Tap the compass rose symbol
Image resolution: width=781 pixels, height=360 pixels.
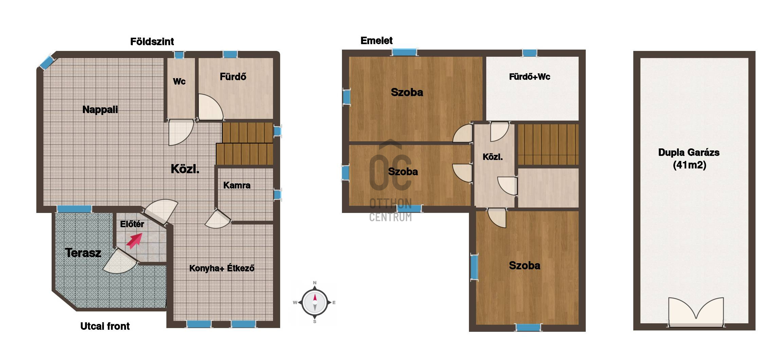[x=315, y=302]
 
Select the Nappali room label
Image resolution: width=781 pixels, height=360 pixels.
[x=100, y=110]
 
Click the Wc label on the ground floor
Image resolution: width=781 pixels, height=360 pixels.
[x=179, y=82]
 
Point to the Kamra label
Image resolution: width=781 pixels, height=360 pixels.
[x=237, y=185]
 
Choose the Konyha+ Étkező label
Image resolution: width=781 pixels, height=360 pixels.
[x=222, y=268]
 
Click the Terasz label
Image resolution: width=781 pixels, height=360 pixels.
[x=83, y=253]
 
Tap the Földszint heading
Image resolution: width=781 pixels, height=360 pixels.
[x=152, y=42]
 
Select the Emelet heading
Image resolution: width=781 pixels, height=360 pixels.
[x=377, y=41]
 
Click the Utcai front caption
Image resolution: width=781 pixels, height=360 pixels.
[x=105, y=326]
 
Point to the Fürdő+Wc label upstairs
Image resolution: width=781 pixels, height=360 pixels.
[x=529, y=77]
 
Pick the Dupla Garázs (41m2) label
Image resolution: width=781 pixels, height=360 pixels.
[x=689, y=159]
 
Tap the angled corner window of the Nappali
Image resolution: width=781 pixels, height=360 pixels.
[x=47, y=62]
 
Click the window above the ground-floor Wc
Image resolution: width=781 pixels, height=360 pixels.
[x=179, y=55]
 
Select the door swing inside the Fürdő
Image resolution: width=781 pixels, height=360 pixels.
[x=211, y=107]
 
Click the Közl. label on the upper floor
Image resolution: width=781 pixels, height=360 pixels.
[x=493, y=157]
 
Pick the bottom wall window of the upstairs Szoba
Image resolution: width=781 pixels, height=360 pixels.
[x=528, y=327]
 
